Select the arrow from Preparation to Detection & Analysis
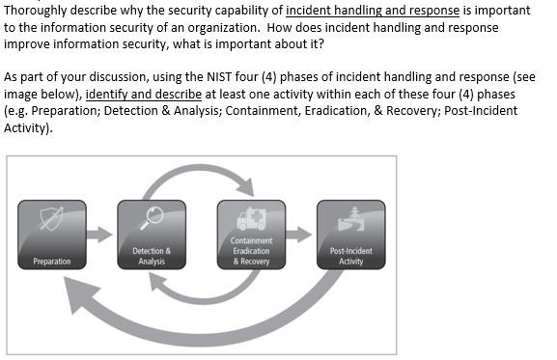click(x=100, y=235)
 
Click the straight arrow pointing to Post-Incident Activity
click(x=300, y=235)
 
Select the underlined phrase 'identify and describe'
click(x=138, y=95)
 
